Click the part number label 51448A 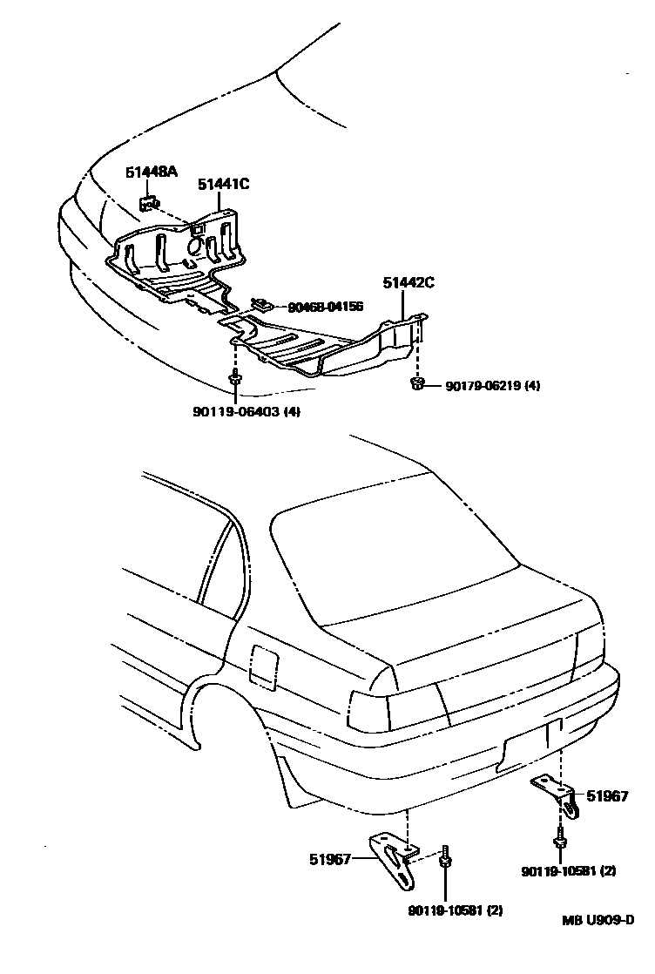click(x=151, y=172)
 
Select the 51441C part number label click(x=223, y=184)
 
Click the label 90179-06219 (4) click(x=492, y=385)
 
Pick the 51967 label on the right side click(x=606, y=795)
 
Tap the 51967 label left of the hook click(x=328, y=859)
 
